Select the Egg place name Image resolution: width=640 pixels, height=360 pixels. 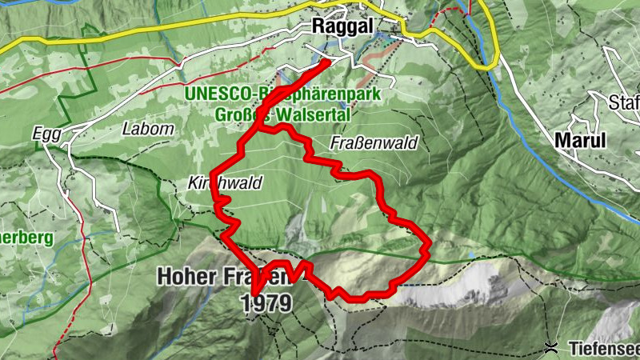pos(47,134)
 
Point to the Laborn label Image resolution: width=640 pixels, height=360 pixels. pos(147,128)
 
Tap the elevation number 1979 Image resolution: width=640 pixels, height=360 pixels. pos(266,303)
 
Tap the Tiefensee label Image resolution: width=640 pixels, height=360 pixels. pos(604,348)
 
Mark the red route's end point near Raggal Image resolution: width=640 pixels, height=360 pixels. pos(329,61)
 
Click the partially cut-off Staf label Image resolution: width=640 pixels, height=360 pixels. pos(624,102)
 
